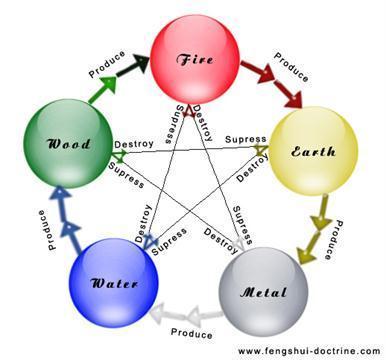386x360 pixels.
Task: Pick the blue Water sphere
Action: (x=112, y=279)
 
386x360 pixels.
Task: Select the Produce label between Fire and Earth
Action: (x=291, y=64)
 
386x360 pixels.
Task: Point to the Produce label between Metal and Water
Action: (x=191, y=331)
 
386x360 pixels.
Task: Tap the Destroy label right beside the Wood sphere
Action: (x=134, y=144)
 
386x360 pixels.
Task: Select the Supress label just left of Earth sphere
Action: (x=245, y=138)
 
